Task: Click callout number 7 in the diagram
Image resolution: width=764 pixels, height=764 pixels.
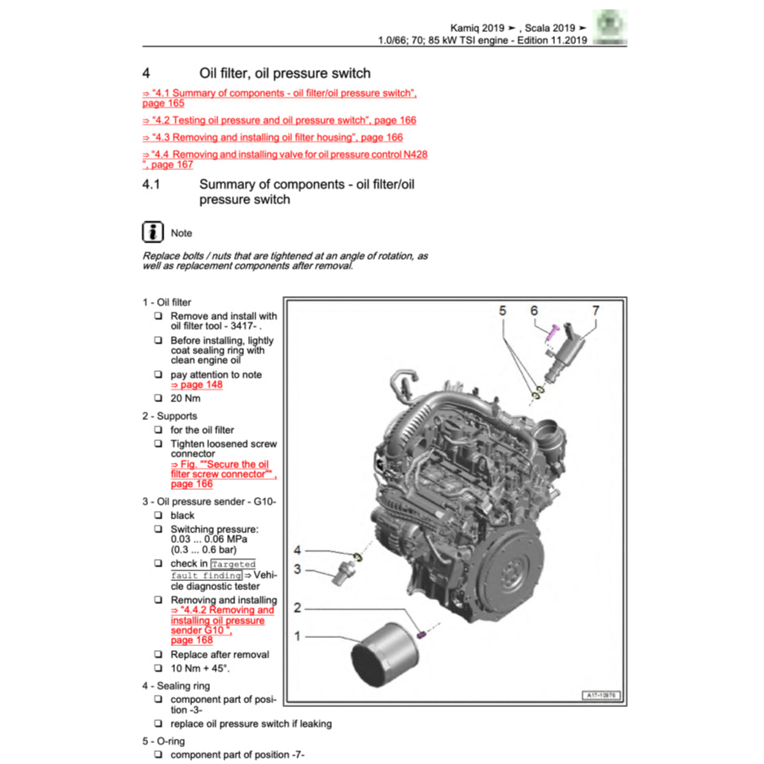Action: pos(596,311)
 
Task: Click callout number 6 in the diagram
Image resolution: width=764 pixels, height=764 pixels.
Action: pos(534,311)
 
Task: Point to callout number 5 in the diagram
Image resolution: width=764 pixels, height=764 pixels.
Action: pos(503,311)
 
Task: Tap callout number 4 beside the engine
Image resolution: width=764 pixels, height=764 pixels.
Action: pos(298,550)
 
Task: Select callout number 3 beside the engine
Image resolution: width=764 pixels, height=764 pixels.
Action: pos(298,569)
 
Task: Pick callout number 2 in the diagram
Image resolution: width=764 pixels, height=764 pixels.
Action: pos(298,608)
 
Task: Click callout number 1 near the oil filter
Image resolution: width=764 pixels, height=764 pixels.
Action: pos(298,635)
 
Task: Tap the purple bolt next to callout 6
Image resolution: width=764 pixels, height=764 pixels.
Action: pos(551,332)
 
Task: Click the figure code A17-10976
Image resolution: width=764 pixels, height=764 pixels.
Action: pos(601,695)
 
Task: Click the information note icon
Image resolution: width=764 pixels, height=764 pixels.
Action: pos(152,232)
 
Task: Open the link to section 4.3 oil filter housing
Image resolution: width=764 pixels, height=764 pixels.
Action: pos(273,138)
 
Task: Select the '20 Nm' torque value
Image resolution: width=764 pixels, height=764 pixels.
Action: pos(185,399)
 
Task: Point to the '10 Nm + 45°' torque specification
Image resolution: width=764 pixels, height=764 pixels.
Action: pos(200,668)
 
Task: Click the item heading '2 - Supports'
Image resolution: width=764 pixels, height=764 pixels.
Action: pos(169,416)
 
